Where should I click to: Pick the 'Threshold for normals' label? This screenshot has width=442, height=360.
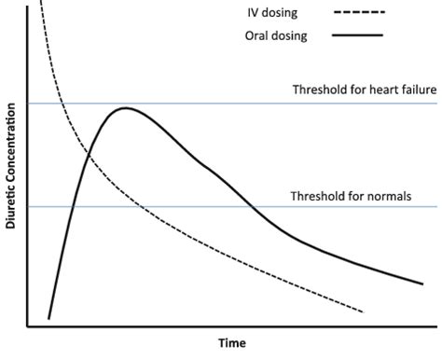(350, 196)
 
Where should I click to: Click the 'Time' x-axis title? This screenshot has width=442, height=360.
(232, 342)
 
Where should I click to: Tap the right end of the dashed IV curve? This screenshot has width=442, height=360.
(362, 312)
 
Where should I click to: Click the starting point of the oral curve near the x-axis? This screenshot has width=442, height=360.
(48, 319)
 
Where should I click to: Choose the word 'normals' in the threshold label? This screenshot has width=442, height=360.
(385, 196)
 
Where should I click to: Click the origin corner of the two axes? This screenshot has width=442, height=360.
(29, 326)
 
